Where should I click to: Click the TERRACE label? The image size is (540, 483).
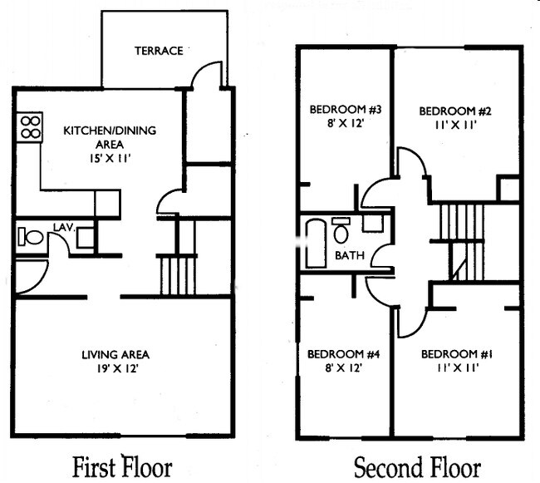coord(158,51)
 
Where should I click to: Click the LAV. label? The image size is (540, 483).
coord(66,225)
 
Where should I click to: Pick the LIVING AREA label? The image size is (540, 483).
coord(115,355)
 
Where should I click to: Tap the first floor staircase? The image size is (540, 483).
coord(177,275)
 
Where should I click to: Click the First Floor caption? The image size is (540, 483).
coord(122,466)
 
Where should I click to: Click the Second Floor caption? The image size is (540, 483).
coord(416,466)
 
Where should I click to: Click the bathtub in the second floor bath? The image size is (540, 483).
coord(316,242)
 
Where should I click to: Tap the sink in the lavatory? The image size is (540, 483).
coord(85,238)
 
